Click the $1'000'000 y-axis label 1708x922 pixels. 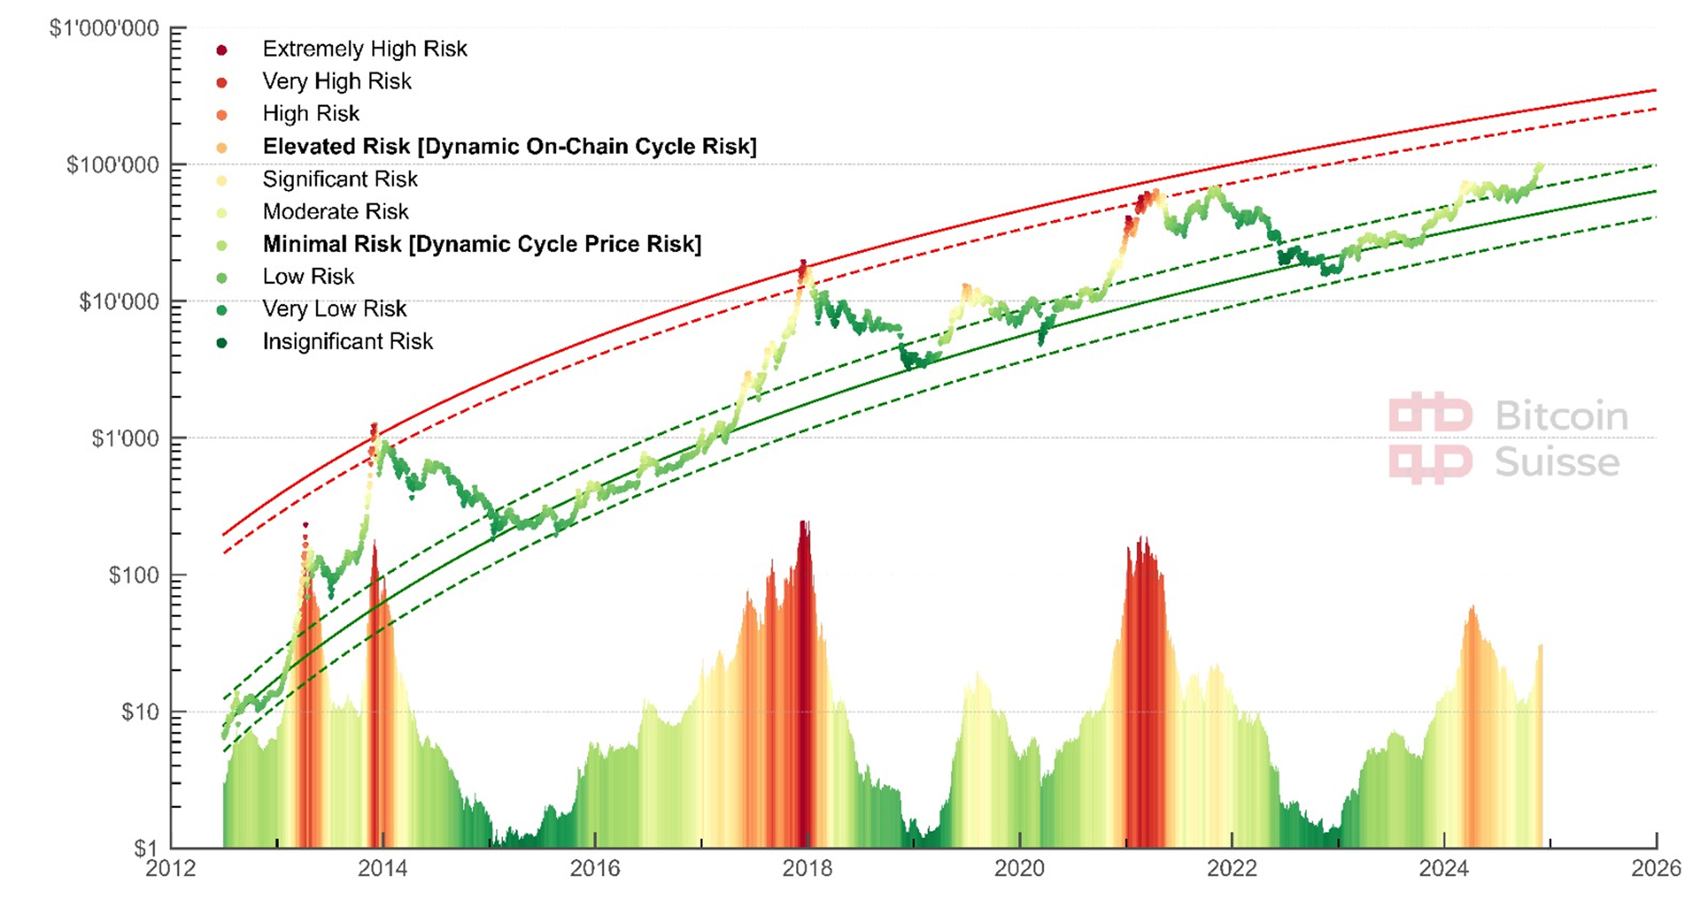pos(104,28)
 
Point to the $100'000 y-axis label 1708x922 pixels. pos(113,165)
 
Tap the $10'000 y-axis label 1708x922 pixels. pos(119,302)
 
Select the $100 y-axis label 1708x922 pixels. pos(134,575)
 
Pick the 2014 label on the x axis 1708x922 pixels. pos(383,868)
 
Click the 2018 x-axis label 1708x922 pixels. pos(807,868)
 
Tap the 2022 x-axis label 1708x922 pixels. pos(1231,868)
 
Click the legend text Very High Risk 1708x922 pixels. pos(337,81)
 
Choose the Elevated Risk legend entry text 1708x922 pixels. pos(509,147)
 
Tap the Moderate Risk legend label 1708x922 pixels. pos(336,211)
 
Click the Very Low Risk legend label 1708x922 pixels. pos(334,309)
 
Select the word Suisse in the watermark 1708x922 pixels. pos(1557,462)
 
